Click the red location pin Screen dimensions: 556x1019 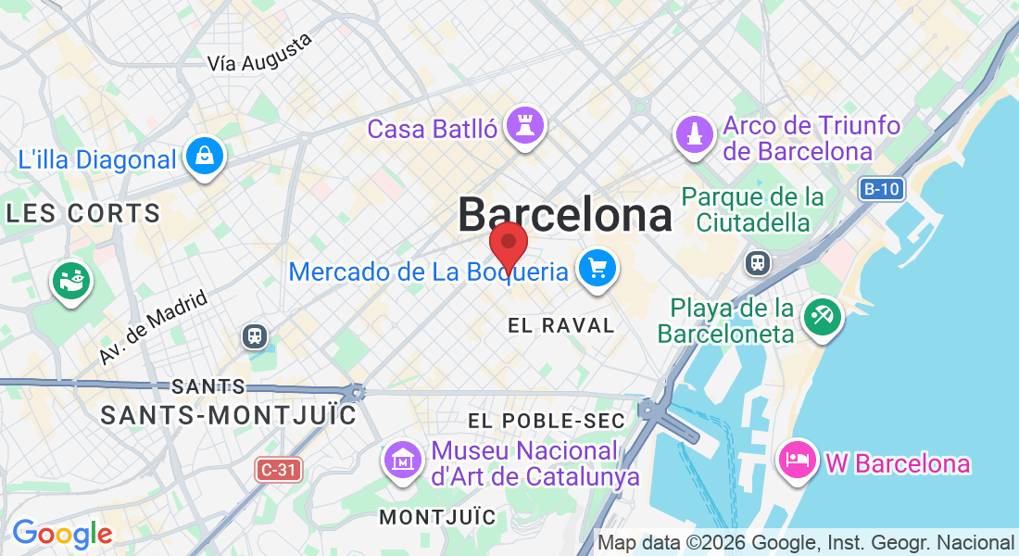pos(509,244)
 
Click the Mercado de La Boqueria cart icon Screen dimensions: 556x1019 pos(598,269)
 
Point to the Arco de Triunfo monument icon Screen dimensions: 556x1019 pos(694,134)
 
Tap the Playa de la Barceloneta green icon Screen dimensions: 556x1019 pos(822,317)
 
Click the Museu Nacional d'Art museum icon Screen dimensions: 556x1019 pos(404,461)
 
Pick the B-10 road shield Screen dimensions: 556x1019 pos(880,190)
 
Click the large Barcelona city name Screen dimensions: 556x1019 pos(565,216)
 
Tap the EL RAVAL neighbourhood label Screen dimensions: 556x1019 pos(561,325)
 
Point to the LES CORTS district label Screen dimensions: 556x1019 pos(83,214)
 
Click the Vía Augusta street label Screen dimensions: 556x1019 pos(260,53)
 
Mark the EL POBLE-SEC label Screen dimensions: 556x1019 pos(547,421)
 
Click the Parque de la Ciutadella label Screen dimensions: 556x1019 pos(753,209)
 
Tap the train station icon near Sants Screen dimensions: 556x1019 pos(254,335)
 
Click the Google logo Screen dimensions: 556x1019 pos(62,534)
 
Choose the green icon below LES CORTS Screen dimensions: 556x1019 pos(71,280)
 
